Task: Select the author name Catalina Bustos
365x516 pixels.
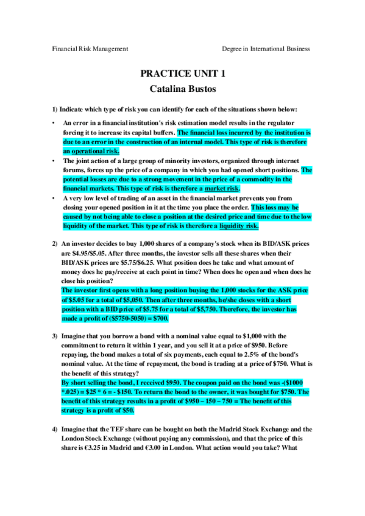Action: point(182,88)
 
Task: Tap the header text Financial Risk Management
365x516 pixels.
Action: point(90,49)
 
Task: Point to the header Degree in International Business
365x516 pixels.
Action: point(266,49)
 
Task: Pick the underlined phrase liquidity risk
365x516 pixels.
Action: point(239,226)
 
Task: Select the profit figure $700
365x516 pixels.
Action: point(160,318)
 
